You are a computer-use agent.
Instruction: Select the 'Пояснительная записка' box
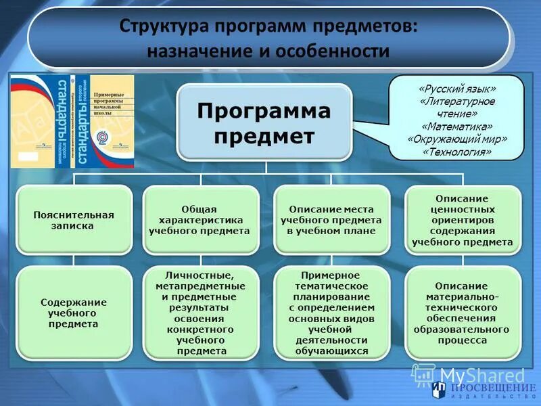click(74, 221)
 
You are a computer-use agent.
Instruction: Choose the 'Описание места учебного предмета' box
click(331, 221)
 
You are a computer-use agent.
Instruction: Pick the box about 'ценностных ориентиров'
click(462, 221)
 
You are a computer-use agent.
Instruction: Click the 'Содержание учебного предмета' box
click(74, 313)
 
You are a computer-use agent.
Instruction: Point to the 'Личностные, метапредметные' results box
click(201, 313)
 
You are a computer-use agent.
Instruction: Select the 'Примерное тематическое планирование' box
click(331, 313)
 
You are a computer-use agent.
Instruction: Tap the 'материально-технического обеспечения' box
click(462, 313)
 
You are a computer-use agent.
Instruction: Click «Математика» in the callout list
click(457, 127)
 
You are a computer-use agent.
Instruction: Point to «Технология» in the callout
click(457, 152)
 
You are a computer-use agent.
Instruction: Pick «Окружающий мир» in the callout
click(457, 139)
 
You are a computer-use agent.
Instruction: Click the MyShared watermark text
click(481, 376)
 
